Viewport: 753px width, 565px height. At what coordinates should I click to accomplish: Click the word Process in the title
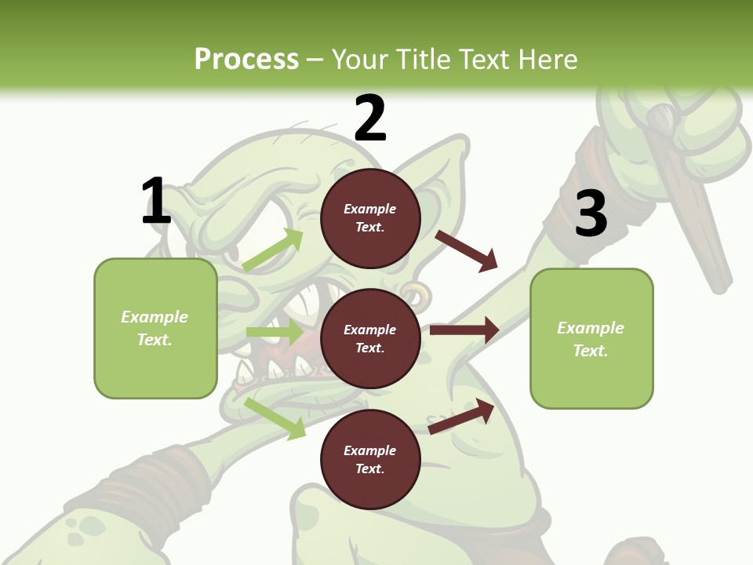click(x=246, y=60)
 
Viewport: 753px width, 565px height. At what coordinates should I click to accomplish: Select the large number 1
click(x=156, y=202)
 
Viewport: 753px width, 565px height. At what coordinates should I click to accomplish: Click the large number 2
click(x=370, y=118)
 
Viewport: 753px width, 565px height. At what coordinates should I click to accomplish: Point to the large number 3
click(x=591, y=213)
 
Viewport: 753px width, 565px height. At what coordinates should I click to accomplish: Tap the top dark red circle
click(x=370, y=218)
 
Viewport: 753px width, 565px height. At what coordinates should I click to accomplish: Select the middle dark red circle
click(x=370, y=338)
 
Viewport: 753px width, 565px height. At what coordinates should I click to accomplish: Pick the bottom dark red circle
click(x=370, y=459)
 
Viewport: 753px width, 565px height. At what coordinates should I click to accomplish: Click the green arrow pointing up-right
click(x=273, y=250)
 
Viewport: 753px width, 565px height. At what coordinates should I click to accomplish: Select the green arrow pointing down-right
click(x=275, y=418)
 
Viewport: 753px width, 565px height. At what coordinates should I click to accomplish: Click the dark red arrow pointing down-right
click(x=467, y=250)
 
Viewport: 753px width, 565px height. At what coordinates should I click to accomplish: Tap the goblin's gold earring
click(x=416, y=294)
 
